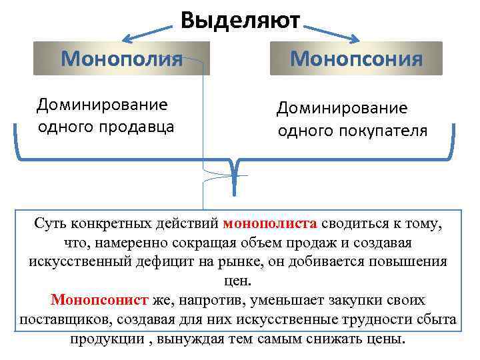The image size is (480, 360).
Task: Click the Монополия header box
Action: (x=122, y=58)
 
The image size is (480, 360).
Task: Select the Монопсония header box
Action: (x=356, y=58)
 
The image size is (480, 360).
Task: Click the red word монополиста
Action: (x=273, y=223)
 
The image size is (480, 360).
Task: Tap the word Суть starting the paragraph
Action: (x=50, y=223)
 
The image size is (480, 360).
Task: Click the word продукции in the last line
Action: (x=104, y=338)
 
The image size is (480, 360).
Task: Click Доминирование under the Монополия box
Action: (x=101, y=105)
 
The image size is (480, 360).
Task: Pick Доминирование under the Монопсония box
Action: (x=341, y=108)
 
